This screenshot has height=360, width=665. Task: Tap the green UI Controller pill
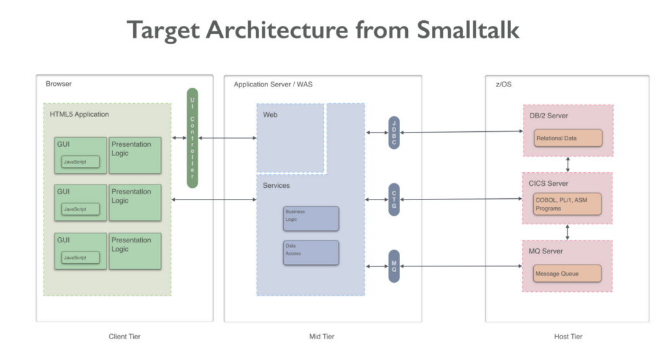[x=192, y=138]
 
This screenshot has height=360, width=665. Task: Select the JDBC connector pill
[x=394, y=133]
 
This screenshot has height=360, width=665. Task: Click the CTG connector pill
[x=394, y=199]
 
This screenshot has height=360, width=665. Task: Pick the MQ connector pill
[x=394, y=266]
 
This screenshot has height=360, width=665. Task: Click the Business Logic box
[x=311, y=218]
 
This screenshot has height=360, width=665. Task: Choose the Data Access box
[x=311, y=253]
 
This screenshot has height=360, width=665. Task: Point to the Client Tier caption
[x=124, y=337]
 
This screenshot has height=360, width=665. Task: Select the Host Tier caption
[x=568, y=337]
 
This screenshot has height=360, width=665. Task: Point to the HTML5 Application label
[x=79, y=114]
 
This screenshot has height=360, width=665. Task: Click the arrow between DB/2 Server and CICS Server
[x=568, y=164]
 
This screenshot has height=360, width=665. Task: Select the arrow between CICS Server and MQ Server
[x=568, y=232]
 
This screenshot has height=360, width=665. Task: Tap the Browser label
[x=58, y=84]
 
